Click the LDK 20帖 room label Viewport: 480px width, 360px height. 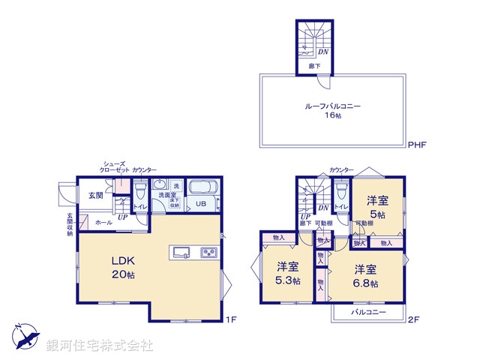[x=124, y=267]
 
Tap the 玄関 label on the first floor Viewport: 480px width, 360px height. [x=96, y=196]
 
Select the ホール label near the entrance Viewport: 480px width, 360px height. [x=103, y=223]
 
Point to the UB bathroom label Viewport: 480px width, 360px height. [x=202, y=204]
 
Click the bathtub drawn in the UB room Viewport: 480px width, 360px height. [x=201, y=187]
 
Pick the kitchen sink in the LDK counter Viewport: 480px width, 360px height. [x=182, y=252]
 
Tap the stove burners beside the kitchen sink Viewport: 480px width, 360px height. [x=208, y=252]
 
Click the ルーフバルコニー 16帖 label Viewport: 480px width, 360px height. [x=332, y=111]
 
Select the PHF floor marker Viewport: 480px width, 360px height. [x=416, y=145]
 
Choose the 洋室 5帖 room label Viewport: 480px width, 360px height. [x=376, y=206]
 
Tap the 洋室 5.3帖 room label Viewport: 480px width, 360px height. [x=288, y=273]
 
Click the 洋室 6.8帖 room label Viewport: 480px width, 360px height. [x=366, y=276]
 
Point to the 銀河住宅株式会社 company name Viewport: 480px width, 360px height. [x=99, y=346]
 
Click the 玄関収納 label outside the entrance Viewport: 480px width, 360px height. [x=69, y=224]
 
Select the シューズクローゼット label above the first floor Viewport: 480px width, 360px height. [x=115, y=166]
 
